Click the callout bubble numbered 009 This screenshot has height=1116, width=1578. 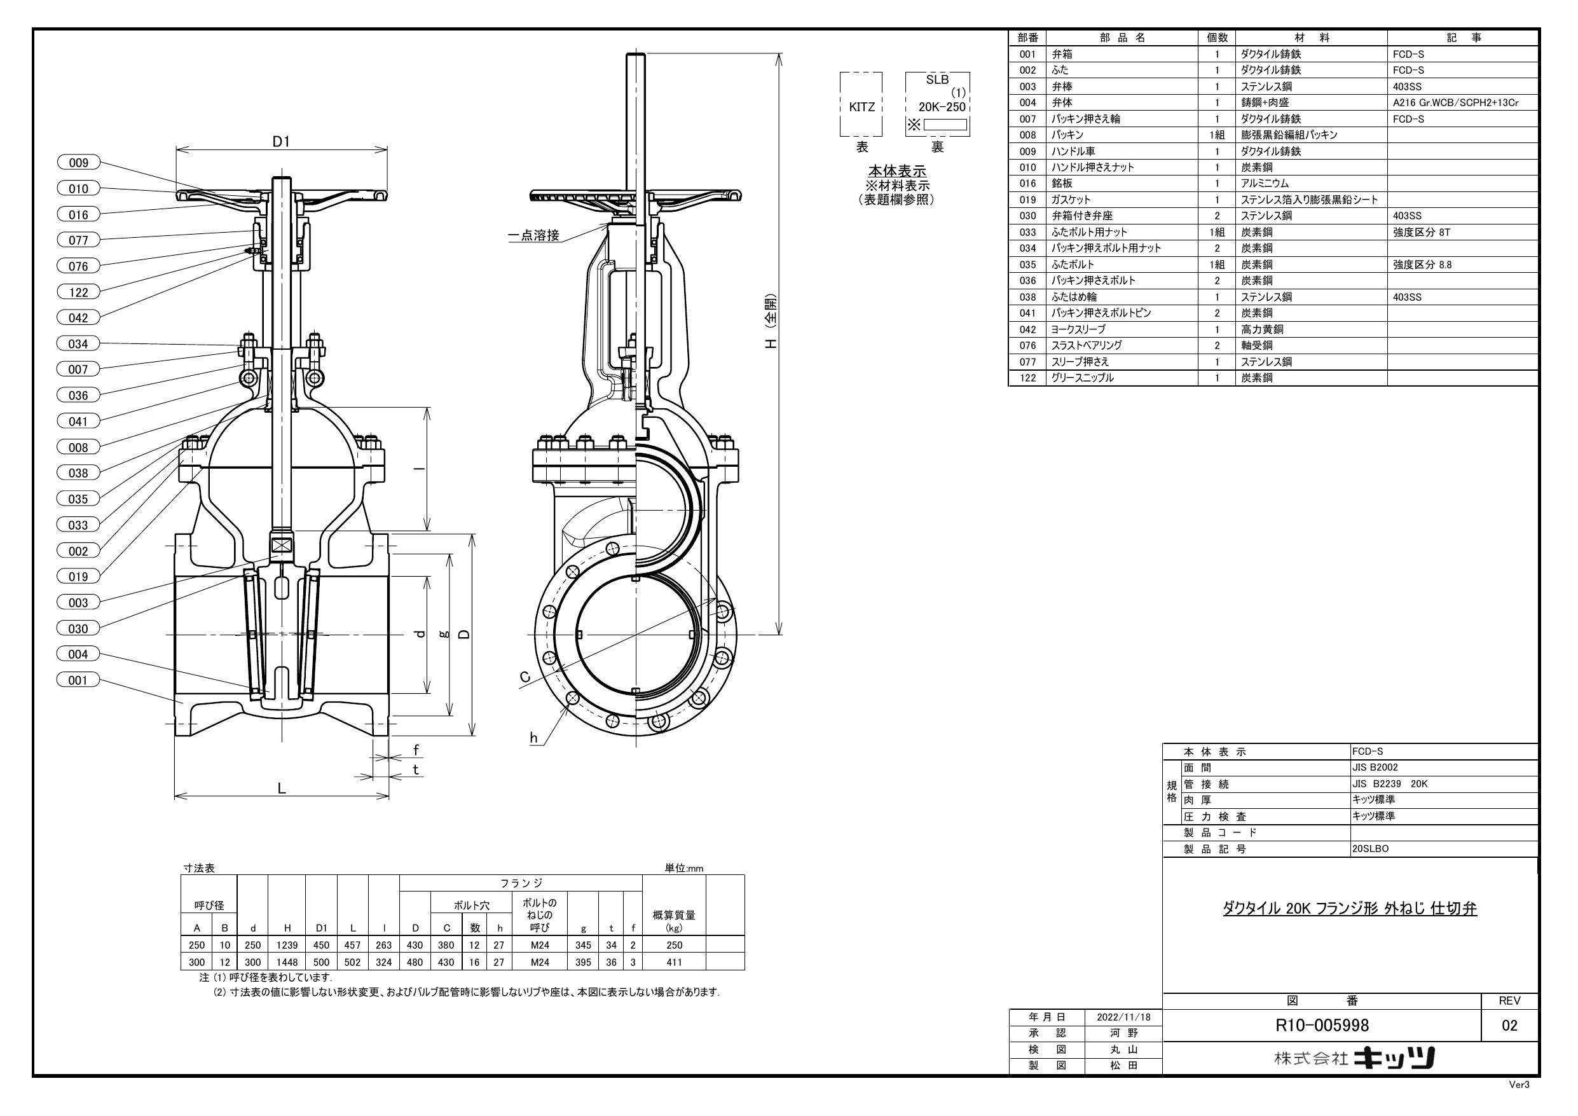(78, 163)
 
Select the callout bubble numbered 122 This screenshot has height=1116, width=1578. (78, 293)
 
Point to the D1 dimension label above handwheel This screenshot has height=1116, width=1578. (282, 142)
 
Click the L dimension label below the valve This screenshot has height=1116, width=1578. (282, 789)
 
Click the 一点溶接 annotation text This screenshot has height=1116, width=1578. (533, 236)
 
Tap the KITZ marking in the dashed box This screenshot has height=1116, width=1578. (861, 107)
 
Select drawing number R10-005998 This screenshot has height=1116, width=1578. (1322, 1025)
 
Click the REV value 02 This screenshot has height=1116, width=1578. (1509, 1025)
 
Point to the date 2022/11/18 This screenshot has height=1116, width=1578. (1122, 1017)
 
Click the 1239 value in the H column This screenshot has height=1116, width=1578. (287, 946)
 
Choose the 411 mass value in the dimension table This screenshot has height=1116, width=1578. (673, 962)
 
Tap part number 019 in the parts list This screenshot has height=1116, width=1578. (1027, 200)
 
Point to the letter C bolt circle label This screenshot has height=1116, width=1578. (525, 677)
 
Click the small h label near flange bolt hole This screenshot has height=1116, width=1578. (533, 738)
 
